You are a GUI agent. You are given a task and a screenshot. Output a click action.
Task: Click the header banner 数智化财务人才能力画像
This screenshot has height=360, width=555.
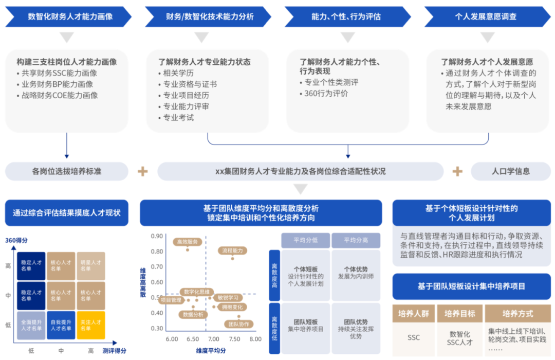70,16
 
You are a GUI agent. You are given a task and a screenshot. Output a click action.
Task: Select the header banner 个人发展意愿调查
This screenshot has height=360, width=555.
486,16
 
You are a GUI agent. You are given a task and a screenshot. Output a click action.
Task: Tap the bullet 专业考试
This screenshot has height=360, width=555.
178,118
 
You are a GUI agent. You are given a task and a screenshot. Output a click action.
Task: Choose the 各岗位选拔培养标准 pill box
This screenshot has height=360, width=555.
67,171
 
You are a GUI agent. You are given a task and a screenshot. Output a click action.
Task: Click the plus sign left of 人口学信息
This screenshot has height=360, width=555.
457,171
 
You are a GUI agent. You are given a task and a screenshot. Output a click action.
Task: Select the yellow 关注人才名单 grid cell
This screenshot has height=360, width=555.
91,325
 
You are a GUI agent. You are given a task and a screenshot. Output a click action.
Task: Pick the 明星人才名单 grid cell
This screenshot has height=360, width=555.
91,266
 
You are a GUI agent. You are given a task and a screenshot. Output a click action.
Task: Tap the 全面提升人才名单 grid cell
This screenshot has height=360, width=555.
31,325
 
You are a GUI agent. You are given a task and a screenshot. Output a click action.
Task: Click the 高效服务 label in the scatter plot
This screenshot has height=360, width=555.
187,242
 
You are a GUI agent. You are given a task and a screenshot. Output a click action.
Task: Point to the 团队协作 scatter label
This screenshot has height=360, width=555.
238,324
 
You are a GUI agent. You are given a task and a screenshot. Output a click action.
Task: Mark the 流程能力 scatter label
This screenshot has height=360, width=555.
232,250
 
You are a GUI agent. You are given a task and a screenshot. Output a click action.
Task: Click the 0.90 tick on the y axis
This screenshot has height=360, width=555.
157,237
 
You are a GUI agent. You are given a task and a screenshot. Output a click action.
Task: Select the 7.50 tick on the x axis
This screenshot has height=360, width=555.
234,339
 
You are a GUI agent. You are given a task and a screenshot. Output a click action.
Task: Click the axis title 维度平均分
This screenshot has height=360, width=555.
211,350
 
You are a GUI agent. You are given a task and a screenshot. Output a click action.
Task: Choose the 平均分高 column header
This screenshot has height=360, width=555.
356,240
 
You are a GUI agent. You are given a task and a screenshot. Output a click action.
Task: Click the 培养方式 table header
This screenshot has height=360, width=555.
517,314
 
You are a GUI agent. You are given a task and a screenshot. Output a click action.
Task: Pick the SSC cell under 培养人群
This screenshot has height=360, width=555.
414,338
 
